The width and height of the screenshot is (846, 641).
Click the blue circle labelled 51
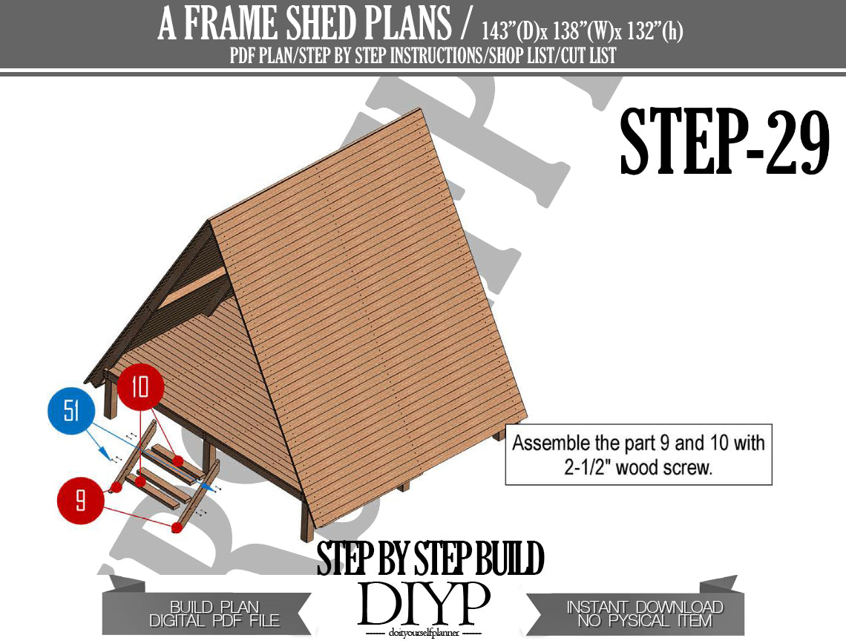[71, 411]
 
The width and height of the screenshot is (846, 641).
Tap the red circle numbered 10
[140, 387]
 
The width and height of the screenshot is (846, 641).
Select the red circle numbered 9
[80, 500]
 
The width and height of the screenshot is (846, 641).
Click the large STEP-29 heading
[724, 141]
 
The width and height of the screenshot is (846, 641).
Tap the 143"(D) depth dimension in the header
[511, 31]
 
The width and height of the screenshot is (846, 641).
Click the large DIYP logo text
[424, 604]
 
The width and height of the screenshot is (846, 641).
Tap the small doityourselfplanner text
[424, 632]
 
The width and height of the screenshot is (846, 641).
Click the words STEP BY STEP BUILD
[430, 559]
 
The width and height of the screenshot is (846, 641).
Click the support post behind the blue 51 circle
[111, 398]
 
